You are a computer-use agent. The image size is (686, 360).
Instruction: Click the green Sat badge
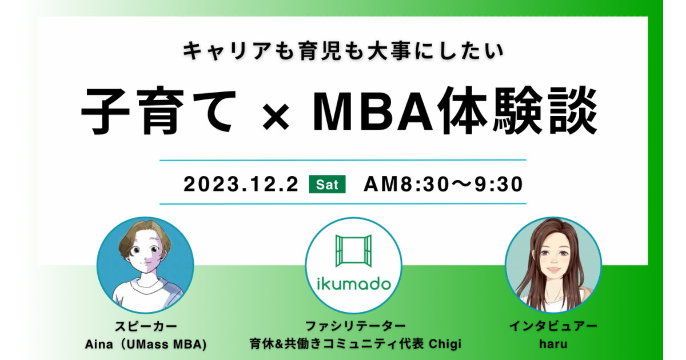pyautogui.click(x=327, y=184)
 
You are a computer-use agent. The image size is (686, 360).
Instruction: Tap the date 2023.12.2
pyautogui.click(x=241, y=184)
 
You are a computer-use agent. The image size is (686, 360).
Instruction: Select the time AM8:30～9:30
pyautogui.click(x=443, y=184)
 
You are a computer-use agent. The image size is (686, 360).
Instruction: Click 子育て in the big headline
pyautogui.click(x=159, y=111)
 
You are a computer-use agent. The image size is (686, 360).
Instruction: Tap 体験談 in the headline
pyautogui.click(x=517, y=110)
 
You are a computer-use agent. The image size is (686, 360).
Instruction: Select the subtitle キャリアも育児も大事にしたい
pyautogui.click(x=344, y=51)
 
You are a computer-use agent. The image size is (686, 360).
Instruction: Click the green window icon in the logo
pyautogui.click(x=353, y=251)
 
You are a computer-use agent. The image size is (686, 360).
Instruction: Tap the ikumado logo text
pyautogui.click(x=354, y=284)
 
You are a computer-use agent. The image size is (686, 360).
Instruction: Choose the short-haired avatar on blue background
pyautogui.click(x=145, y=265)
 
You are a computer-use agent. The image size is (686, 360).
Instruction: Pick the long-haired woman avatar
pyautogui.click(x=553, y=265)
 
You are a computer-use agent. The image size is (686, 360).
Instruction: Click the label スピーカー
pyautogui.click(x=146, y=326)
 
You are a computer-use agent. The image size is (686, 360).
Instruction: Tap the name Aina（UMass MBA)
pyautogui.click(x=146, y=345)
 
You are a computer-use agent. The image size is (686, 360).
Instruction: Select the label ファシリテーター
pyautogui.click(x=355, y=326)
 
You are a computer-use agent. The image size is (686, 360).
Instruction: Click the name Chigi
pyautogui.click(x=445, y=344)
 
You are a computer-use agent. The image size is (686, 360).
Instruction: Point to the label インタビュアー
pyautogui.click(x=553, y=326)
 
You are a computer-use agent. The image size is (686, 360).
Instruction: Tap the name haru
pyautogui.click(x=553, y=344)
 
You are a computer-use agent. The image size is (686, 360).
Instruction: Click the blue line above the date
pyautogui.click(x=342, y=160)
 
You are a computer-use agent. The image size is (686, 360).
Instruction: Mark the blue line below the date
pyautogui.click(x=342, y=203)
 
